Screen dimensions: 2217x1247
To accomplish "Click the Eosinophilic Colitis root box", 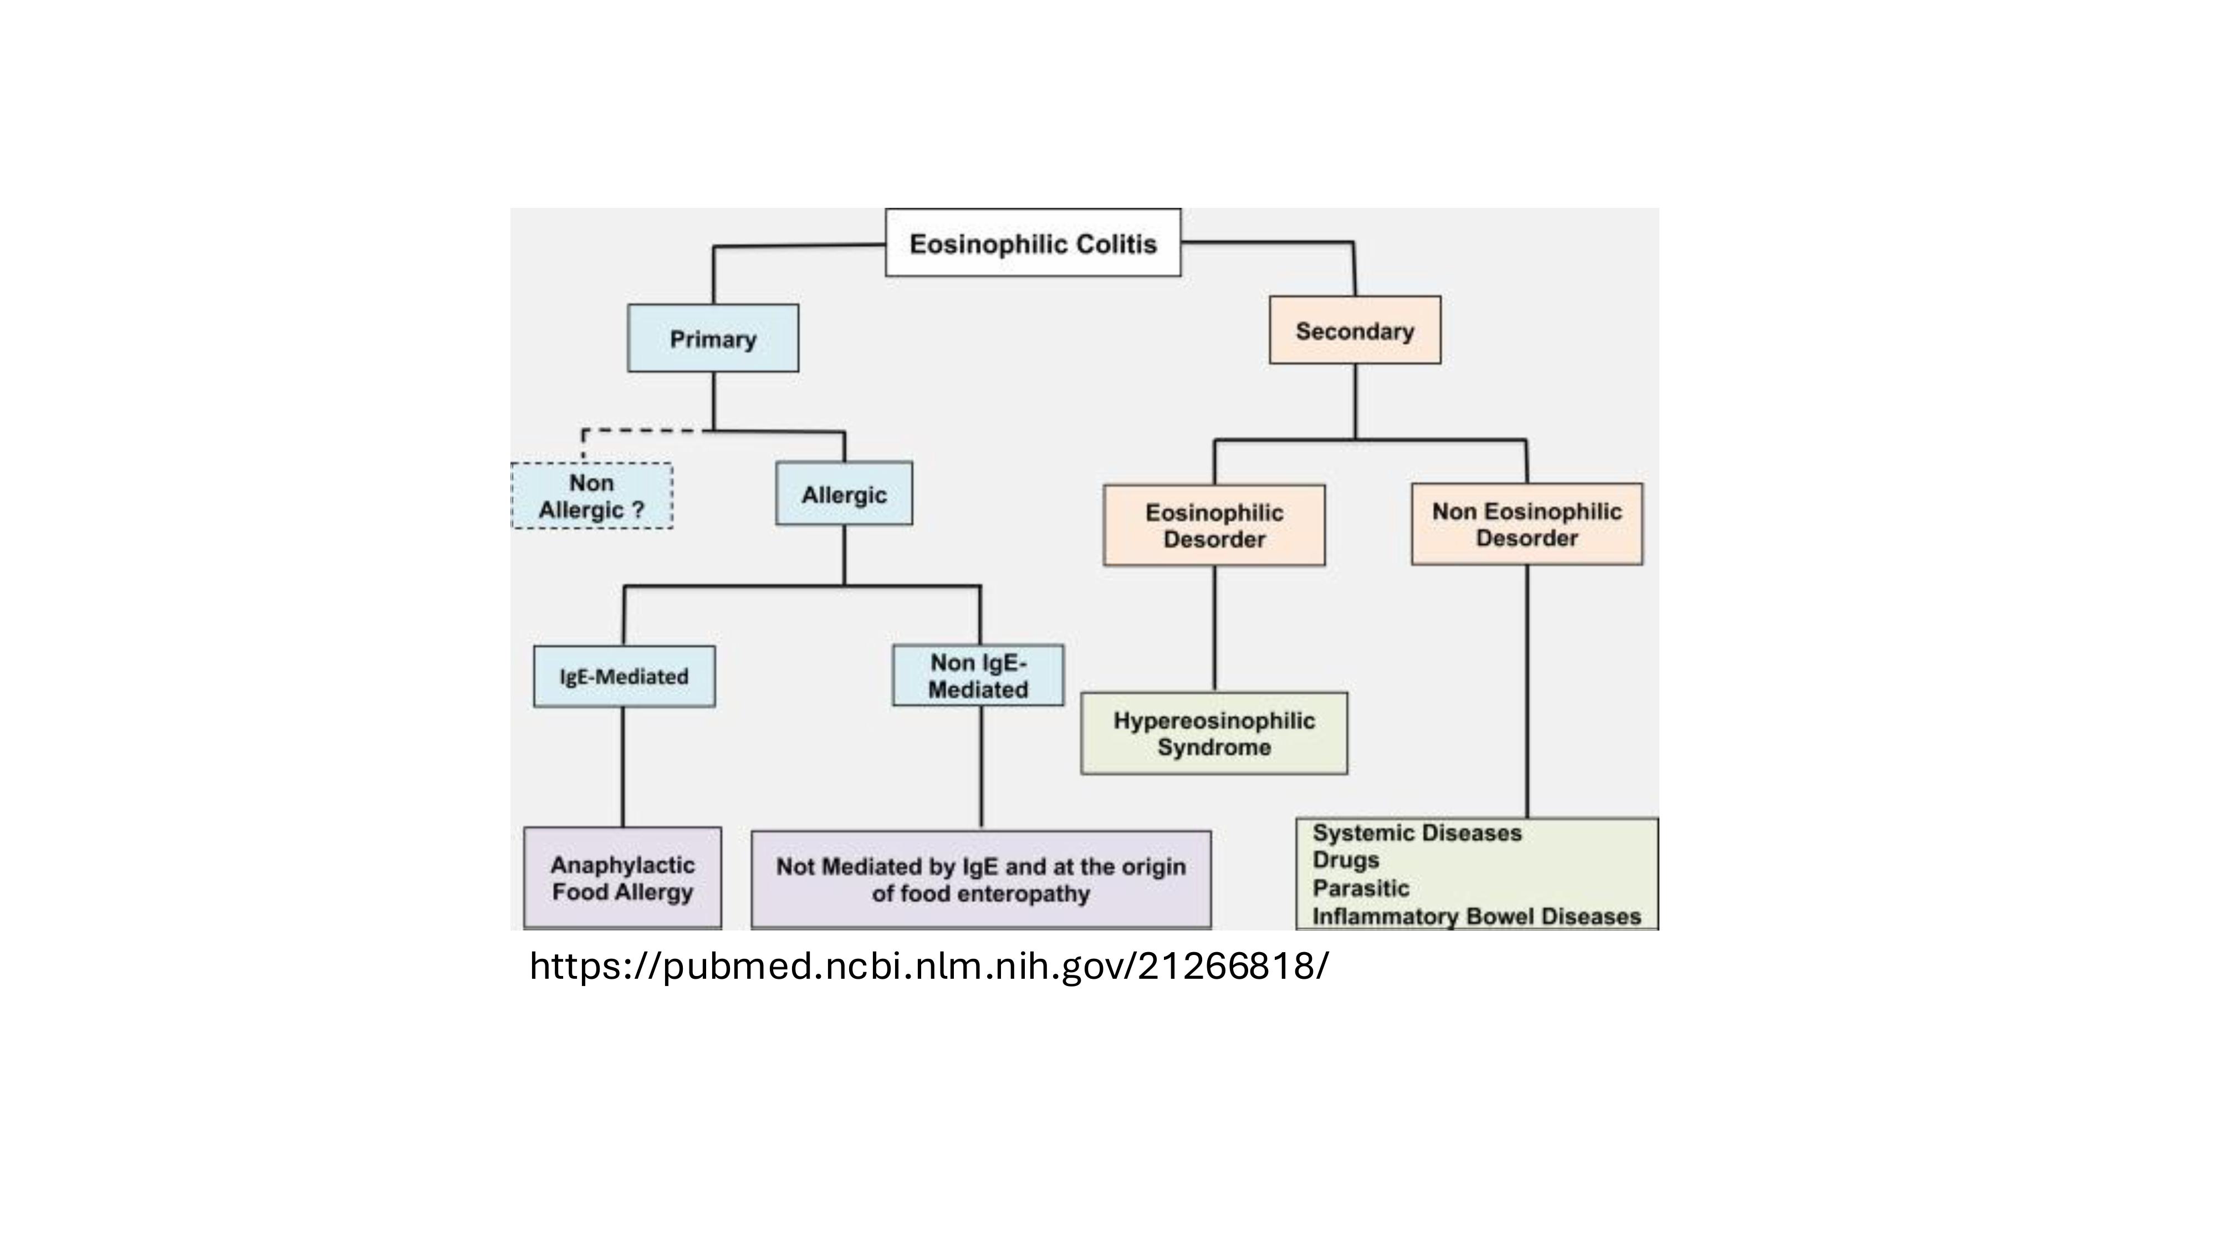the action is (1033, 243).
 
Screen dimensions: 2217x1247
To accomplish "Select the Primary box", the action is (713, 338).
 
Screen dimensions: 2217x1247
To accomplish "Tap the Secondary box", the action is (1355, 330).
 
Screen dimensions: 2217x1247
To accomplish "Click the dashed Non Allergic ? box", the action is (592, 495).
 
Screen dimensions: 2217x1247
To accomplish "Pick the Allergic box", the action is (844, 494).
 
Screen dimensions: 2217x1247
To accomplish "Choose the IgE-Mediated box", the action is (624, 676).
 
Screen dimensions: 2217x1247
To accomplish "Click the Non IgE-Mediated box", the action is (978, 676).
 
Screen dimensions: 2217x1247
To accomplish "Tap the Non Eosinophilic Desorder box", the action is (1527, 524).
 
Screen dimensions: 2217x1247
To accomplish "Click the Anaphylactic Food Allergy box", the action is (622, 878).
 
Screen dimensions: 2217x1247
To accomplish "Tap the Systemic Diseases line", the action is (1417, 833).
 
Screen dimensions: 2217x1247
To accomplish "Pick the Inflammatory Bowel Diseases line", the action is (1477, 917).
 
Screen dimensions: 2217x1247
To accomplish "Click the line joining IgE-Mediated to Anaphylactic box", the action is (623, 768).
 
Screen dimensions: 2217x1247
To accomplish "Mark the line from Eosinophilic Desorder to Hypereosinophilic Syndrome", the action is (1214, 629).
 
